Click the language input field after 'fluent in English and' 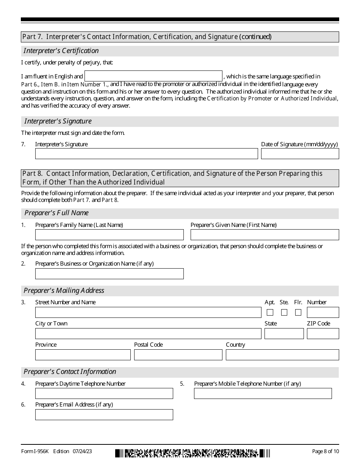click(x=153, y=76)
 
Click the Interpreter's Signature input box click(x=146, y=153)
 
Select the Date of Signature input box click(x=300, y=153)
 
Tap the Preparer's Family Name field click(x=109, y=235)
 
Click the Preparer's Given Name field click(x=265, y=235)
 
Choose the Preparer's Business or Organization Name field click(x=109, y=274)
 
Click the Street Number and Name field click(x=148, y=313)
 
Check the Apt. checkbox click(x=270, y=313)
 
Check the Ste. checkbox click(x=284, y=313)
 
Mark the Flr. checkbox click(x=298, y=313)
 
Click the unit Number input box click(x=323, y=313)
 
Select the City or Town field click(x=148, y=334)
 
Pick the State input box click(x=284, y=334)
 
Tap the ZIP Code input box click(x=323, y=334)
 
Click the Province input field click(x=83, y=355)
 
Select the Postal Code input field click(x=178, y=355)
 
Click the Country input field click(x=282, y=355)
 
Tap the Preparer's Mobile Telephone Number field click(x=263, y=394)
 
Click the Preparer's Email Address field click(x=104, y=414)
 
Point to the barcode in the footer click(x=193, y=453)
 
